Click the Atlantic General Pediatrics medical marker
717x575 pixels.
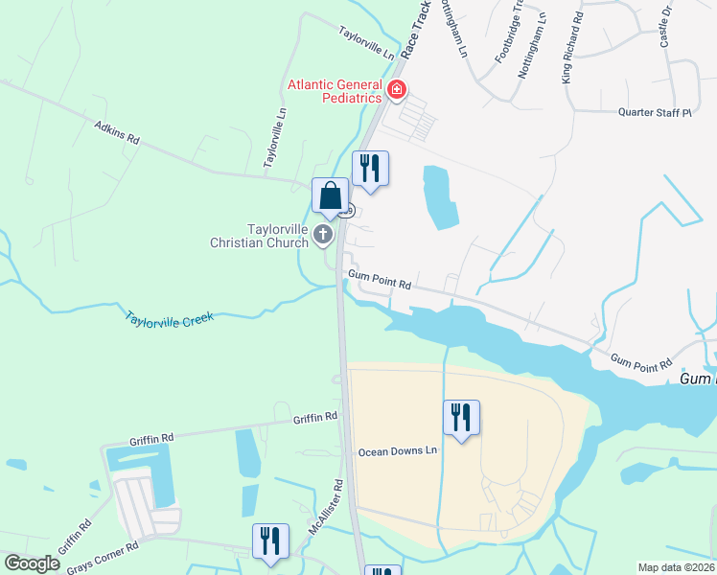tap(397, 92)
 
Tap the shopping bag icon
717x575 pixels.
tap(330, 196)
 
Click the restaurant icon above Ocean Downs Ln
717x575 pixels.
tap(462, 418)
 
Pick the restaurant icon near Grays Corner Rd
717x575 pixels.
tap(270, 541)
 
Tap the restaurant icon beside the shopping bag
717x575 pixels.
tap(370, 170)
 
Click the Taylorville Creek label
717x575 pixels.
tap(168, 317)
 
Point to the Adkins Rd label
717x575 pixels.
tap(117, 132)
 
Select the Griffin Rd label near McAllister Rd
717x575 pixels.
tap(315, 418)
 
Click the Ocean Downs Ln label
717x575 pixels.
tap(398, 451)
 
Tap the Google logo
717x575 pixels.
tap(33, 563)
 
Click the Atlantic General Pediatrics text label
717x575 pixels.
tap(335, 92)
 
